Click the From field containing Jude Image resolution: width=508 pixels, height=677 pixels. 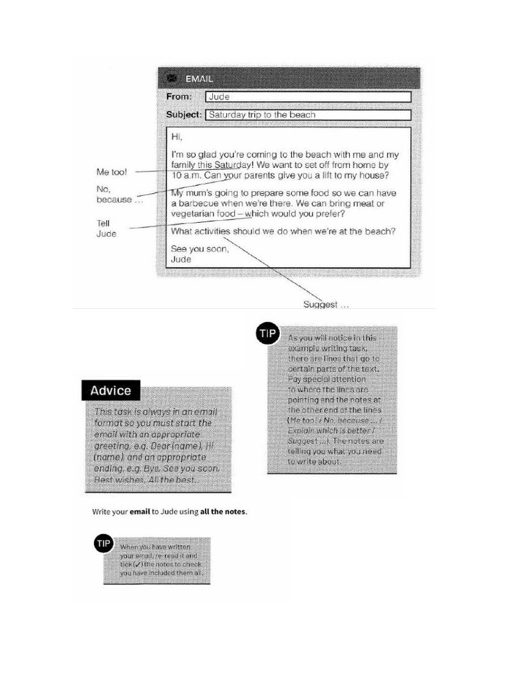pyautogui.click(x=308, y=97)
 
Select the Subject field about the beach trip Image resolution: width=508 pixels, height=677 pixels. pyautogui.click(x=308, y=114)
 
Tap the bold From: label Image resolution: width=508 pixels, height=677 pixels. pyautogui.click(x=179, y=97)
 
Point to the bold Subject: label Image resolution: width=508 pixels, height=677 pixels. pyautogui.click(x=183, y=114)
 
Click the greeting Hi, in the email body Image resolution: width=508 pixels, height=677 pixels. pyautogui.click(x=176, y=137)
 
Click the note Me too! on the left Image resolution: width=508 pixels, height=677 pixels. pyautogui.click(x=111, y=172)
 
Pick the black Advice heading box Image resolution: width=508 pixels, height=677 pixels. pyautogui.click(x=110, y=391)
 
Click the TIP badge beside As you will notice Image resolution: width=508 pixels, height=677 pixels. pyautogui.click(x=267, y=335)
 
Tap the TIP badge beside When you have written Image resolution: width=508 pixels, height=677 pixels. pyautogui.click(x=104, y=544)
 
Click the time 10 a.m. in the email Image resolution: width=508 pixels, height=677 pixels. pyautogui.click(x=186, y=176)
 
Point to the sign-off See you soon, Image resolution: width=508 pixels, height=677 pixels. pyautogui.click(x=200, y=249)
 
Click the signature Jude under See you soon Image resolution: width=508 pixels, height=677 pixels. pyautogui.click(x=181, y=259)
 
